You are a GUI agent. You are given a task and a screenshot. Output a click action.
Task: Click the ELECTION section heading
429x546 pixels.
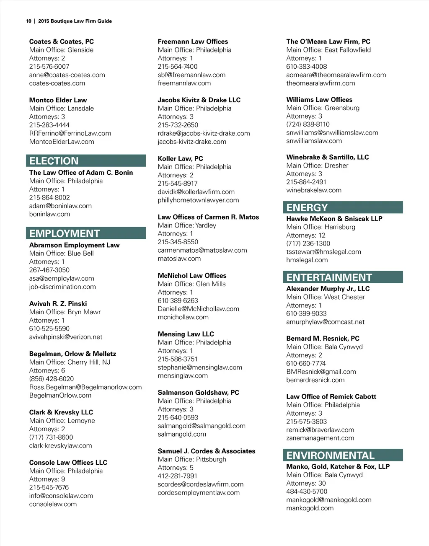tap(54, 161)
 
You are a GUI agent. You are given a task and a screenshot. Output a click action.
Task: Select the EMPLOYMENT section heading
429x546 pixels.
tap(65, 233)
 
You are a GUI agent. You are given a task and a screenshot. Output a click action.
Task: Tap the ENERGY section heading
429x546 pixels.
tap(307, 207)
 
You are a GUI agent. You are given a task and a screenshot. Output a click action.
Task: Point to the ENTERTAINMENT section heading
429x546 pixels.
tap(329, 277)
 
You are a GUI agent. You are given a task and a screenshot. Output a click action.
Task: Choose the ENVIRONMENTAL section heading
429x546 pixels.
tap(330, 455)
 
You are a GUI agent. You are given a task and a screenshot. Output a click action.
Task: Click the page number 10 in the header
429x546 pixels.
tap(28, 21)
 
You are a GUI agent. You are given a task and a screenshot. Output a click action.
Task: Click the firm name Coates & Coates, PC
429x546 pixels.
tap(62, 41)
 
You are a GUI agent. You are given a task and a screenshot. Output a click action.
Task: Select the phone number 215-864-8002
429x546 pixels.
tap(49, 197)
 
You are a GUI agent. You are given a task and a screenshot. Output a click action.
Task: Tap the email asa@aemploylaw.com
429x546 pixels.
tap(62, 278)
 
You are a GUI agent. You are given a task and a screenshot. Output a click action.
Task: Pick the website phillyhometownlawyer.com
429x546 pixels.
tap(198, 200)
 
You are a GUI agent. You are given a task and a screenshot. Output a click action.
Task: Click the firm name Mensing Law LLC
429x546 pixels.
tap(186, 334)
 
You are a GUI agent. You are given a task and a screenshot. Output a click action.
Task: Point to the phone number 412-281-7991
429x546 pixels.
tap(177, 476)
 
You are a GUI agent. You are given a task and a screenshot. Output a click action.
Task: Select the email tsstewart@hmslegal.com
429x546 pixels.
tap(323, 252)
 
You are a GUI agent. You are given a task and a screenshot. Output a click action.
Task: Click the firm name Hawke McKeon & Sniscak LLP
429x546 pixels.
tap(334, 219)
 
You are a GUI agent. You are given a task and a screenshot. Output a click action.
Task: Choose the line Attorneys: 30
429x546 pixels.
tap(306, 483)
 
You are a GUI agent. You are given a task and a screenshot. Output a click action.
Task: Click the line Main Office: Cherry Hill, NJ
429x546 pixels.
tap(70, 362)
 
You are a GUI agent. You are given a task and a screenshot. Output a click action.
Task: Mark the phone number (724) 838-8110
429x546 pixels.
tap(308, 124)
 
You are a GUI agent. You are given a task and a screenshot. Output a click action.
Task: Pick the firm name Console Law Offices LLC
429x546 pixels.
tap(68, 463)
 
